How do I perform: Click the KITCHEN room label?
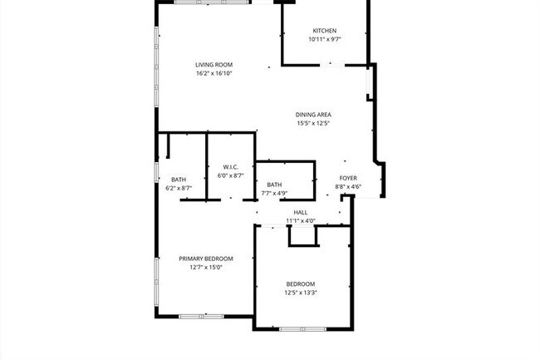click(x=324, y=31)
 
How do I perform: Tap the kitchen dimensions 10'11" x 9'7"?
click(x=324, y=39)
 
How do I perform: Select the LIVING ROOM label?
click(x=214, y=65)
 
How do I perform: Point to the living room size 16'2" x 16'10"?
click(x=214, y=73)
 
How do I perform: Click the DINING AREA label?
click(x=313, y=115)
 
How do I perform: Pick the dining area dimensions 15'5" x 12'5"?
click(x=313, y=123)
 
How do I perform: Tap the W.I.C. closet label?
click(x=230, y=167)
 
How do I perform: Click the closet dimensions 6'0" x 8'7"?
click(x=230, y=175)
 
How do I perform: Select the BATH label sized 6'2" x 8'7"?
click(x=179, y=180)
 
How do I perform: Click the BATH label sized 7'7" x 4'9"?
click(x=274, y=185)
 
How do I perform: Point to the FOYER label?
click(x=348, y=178)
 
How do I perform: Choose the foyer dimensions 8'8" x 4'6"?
click(x=348, y=186)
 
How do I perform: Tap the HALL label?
click(x=301, y=213)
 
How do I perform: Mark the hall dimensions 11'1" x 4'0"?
click(x=301, y=221)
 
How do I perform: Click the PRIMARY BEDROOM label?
click(x=206, y=259)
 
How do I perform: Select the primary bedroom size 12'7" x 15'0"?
click(x=206, y=267)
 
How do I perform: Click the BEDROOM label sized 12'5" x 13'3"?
click(x=301, y=284)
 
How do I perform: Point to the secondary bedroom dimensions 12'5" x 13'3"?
click(x=301, y=292)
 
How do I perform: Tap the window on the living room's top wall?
click(x=212, y=2)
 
